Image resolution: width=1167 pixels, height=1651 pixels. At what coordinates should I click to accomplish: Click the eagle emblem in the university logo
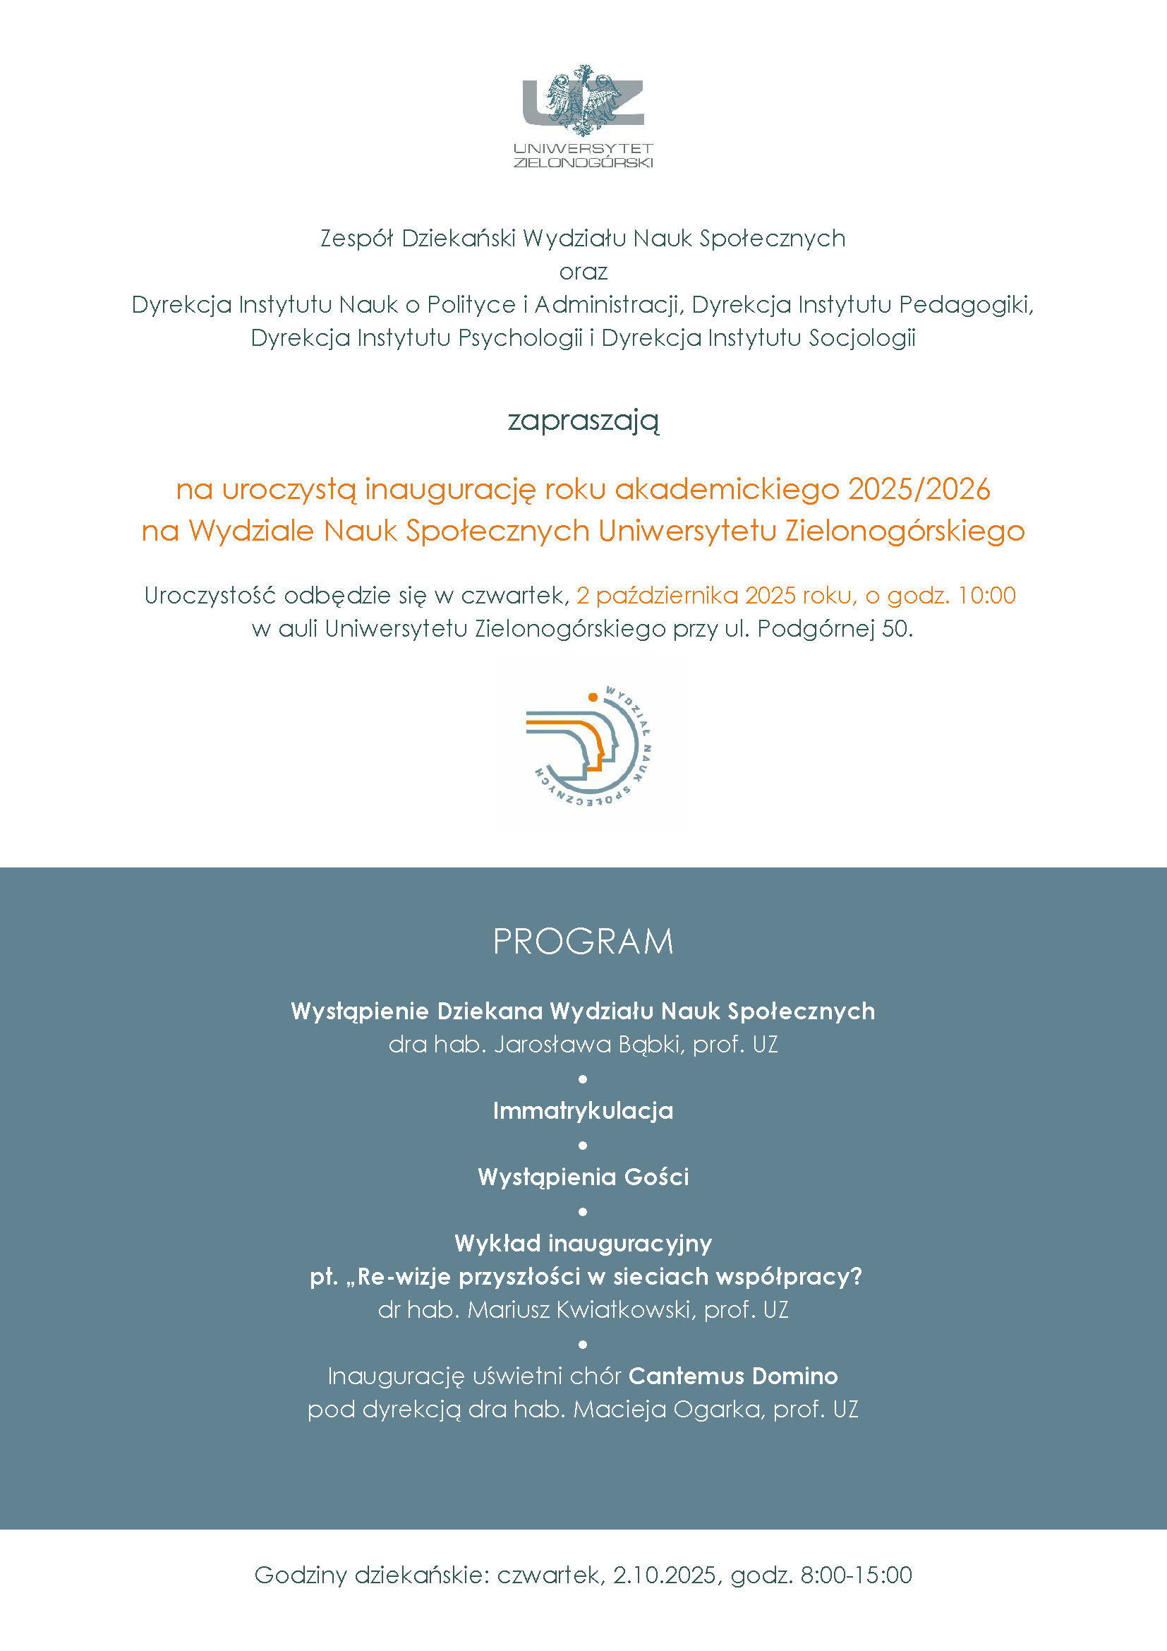pos(583,100)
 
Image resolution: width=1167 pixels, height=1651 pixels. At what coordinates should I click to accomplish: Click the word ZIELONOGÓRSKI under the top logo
pos(583,162)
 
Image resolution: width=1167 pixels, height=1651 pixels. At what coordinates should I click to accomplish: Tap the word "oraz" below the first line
pos(583,272)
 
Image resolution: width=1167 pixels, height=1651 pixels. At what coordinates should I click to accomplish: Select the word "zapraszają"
pos(583,420)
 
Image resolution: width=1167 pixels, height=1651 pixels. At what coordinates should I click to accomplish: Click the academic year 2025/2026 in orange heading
pos(919,489)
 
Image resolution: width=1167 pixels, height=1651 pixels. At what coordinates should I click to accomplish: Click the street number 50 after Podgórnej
pos(895,628)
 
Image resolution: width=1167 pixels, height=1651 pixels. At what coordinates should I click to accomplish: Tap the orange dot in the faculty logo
pos(593,697)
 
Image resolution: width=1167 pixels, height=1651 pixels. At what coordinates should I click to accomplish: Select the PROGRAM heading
pos(583,942)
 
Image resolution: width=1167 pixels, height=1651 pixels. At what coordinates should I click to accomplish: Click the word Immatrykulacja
pos(583,1111)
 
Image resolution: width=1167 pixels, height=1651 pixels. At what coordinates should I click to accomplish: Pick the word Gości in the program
pos(656,1177)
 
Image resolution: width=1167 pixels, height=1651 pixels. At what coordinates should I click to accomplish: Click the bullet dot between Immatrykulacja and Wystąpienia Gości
pos(583,1145)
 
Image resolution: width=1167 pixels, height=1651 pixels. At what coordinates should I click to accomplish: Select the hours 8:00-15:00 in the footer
pos(857,1575)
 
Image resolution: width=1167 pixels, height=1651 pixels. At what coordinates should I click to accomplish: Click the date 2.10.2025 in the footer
pos(665,1575)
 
